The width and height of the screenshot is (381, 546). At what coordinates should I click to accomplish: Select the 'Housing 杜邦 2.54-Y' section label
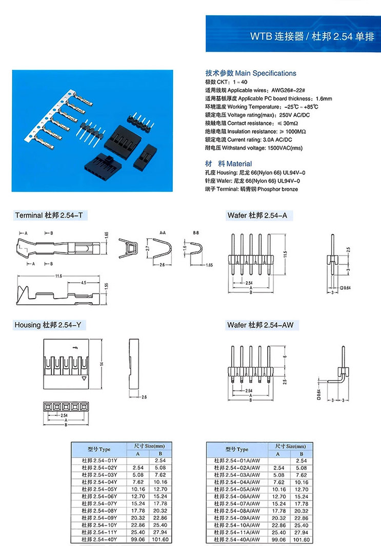(x=49, y=325)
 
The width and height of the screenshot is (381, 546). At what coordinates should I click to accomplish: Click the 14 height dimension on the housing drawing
(x=102, y=364)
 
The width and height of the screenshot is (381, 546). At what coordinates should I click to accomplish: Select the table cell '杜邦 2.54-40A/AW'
(x=236, y=539)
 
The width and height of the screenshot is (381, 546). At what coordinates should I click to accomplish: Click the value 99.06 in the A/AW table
(x=279, y=539)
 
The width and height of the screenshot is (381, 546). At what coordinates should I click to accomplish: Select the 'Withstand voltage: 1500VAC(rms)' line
(x=254, y=148)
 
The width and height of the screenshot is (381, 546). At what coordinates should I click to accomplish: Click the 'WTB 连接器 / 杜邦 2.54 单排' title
(x=312, y=37)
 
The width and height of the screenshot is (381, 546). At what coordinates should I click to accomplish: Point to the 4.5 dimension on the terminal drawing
(x=83, y=282)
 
